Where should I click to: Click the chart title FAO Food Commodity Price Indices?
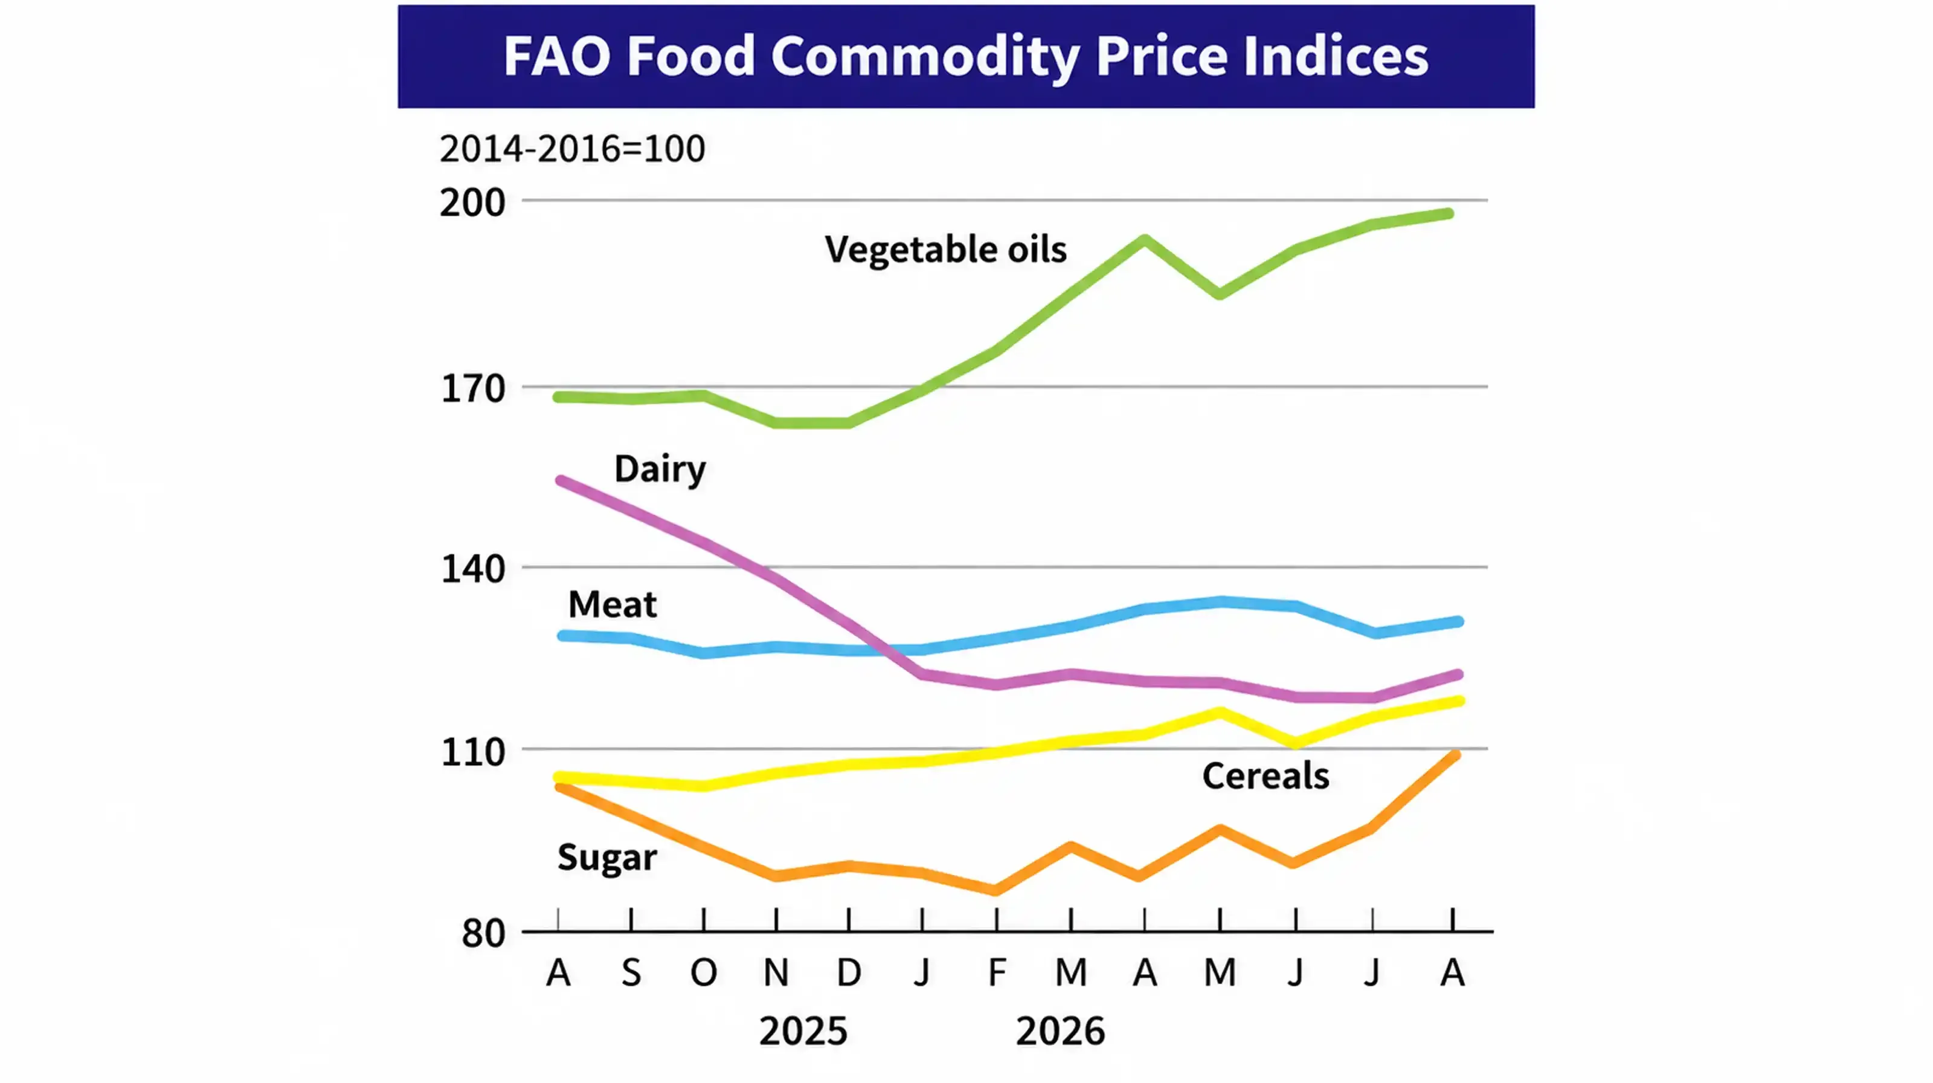(x=966, y=56)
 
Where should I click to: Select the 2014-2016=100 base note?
(x=573, y=149)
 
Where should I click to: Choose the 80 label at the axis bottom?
(x=483, y=934)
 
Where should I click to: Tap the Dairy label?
(x=660, y=470)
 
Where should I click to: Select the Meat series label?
(x=613, y=604)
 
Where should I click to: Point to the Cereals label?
(x=1266, y=776)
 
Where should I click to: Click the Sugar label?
(x=607, y=858)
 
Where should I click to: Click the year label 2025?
(x=803, y=1031)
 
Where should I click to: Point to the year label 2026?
(x=1060, y=1031)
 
